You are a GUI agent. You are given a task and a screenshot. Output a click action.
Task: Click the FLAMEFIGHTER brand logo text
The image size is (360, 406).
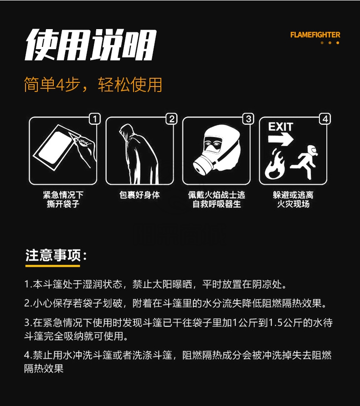315,35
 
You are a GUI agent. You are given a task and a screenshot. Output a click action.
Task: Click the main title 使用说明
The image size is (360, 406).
91,45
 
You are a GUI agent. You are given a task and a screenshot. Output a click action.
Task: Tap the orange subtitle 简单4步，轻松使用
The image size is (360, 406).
93,84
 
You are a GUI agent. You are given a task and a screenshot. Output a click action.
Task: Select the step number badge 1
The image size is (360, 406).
95,119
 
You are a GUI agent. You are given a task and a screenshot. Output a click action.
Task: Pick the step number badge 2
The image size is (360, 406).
172,119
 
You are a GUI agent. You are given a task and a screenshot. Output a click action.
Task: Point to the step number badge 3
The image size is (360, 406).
248,119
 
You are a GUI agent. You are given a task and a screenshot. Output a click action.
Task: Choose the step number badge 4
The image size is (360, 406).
325,119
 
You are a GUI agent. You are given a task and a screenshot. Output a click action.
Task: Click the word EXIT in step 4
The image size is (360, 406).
281,127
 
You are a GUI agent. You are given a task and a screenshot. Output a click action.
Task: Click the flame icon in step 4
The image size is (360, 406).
275,164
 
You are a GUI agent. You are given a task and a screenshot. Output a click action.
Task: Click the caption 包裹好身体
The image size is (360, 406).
139,195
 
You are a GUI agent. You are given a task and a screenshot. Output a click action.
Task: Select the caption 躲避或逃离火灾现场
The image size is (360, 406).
293,199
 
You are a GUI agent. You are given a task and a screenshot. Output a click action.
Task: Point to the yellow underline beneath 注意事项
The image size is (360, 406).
52,266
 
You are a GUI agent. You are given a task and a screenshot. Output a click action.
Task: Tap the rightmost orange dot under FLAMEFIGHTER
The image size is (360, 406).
338,43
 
